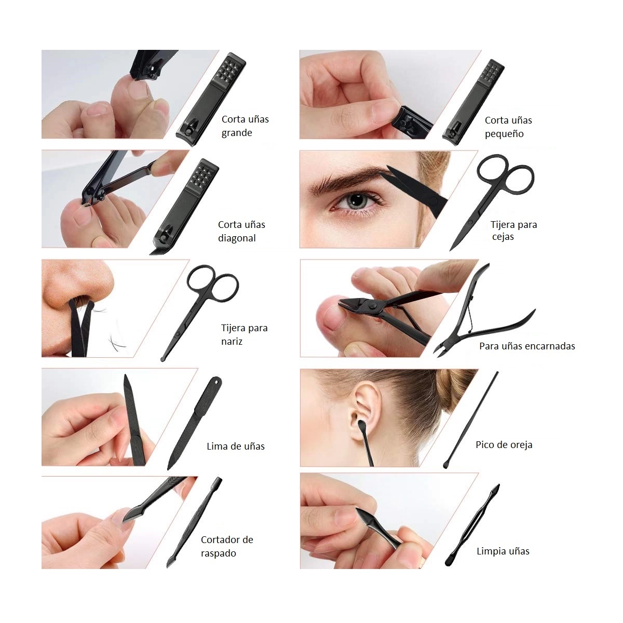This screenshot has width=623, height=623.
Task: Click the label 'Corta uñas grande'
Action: (245, 126)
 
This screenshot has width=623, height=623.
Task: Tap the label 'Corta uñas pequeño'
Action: (508, 127)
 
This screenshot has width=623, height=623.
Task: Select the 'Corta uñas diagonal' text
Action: (241, 231)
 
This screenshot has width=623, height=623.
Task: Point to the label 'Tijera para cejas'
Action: (513, 230)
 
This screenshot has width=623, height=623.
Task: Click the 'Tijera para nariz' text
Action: (244, 335)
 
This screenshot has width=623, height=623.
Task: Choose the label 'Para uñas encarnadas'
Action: (527, 346)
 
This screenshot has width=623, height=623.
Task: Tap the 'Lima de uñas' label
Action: (235, 446)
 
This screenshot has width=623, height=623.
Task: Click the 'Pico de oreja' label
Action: (504, 445)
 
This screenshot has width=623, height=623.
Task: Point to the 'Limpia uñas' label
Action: (503, 551)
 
